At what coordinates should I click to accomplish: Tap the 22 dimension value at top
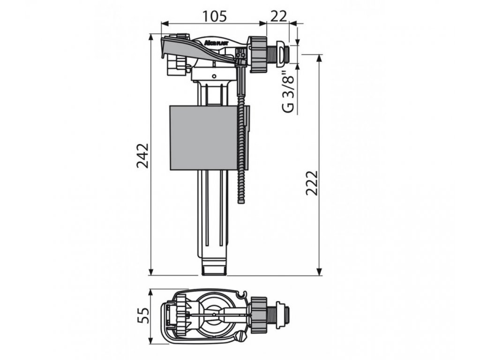point(278,16)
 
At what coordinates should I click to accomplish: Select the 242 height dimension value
point(142,155)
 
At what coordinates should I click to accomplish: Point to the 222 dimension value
point(312,183)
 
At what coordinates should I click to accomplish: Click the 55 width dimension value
point(142,317)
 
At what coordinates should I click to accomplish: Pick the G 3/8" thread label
point(289,91)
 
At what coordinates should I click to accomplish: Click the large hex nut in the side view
point(257,54)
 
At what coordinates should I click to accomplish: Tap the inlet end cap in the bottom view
point(284,315)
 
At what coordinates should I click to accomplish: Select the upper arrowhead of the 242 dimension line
point(151,37)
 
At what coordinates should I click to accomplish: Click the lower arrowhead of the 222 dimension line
point(320,272)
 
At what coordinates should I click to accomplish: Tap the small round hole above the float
point(214,75)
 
